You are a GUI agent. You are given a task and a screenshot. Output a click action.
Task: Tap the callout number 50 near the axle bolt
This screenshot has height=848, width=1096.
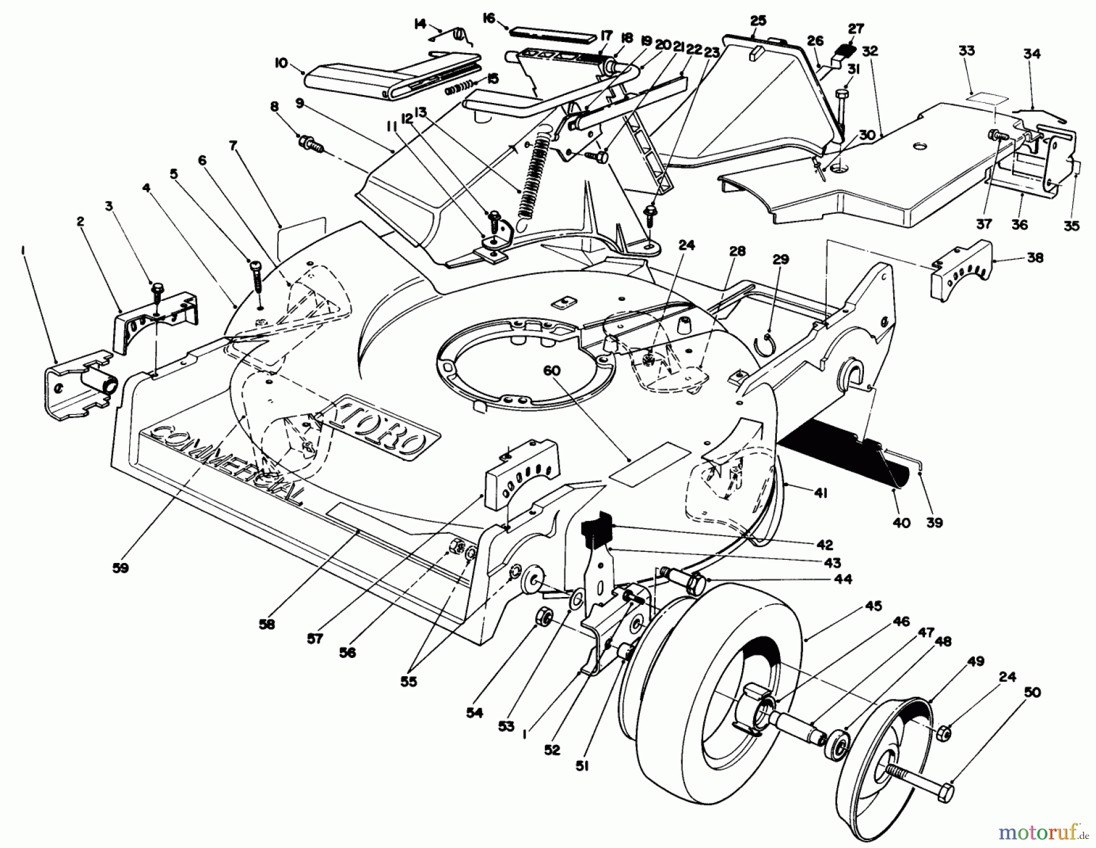pos(1033,693)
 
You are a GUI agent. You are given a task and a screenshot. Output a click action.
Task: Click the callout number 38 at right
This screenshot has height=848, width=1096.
pos(1035,258)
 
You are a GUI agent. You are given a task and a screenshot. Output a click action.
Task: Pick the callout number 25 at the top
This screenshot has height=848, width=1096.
pos(758,21)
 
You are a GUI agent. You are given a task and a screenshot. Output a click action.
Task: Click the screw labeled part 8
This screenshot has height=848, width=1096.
pos(311,145)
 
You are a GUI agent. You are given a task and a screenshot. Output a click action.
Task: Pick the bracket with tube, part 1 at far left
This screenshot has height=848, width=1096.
pos(79,389)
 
